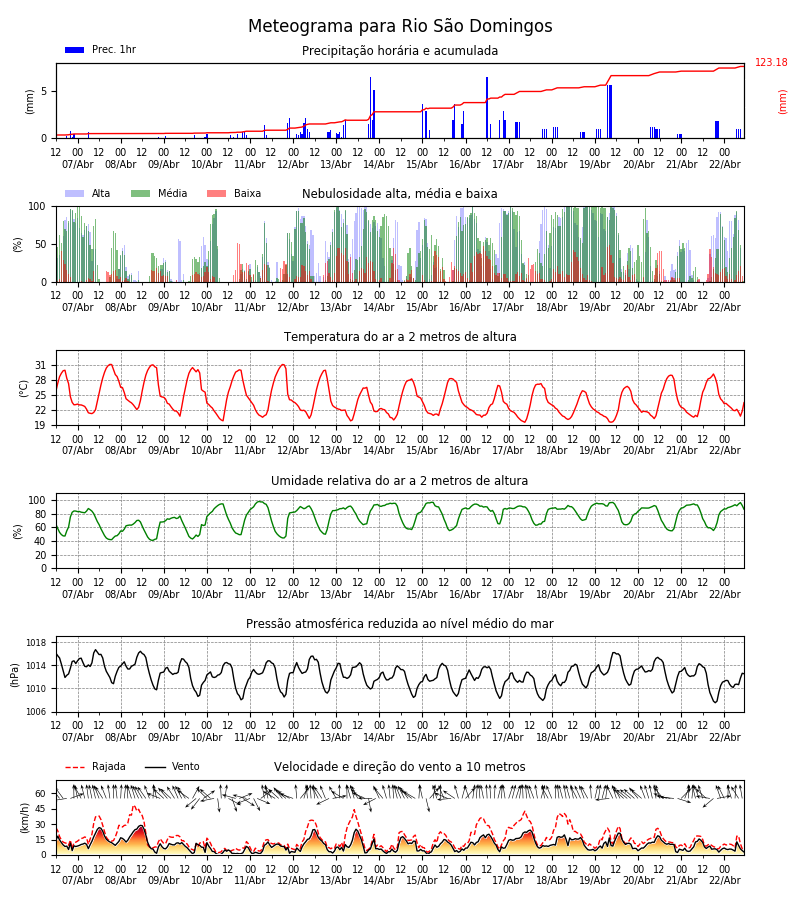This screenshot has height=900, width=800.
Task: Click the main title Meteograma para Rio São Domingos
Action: [400, 27]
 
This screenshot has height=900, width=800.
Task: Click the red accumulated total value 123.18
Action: [771, 63]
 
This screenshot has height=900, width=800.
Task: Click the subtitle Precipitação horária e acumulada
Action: [400, 51]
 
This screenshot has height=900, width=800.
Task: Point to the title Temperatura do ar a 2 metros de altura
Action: [400, 337]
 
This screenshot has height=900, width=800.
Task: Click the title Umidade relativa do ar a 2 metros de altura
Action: [400, 481]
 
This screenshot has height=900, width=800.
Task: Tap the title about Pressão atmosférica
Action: [400, 624]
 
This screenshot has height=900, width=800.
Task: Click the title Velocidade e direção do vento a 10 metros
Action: [400, 767]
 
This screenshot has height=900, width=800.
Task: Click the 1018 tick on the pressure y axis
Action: [37, 643]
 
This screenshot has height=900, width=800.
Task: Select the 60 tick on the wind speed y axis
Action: [41, 794]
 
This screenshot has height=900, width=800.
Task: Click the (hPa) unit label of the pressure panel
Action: [16, 674]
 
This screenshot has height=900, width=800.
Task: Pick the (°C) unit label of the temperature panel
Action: [24, 387]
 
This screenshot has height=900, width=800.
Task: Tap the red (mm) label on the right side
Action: [783, 101]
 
